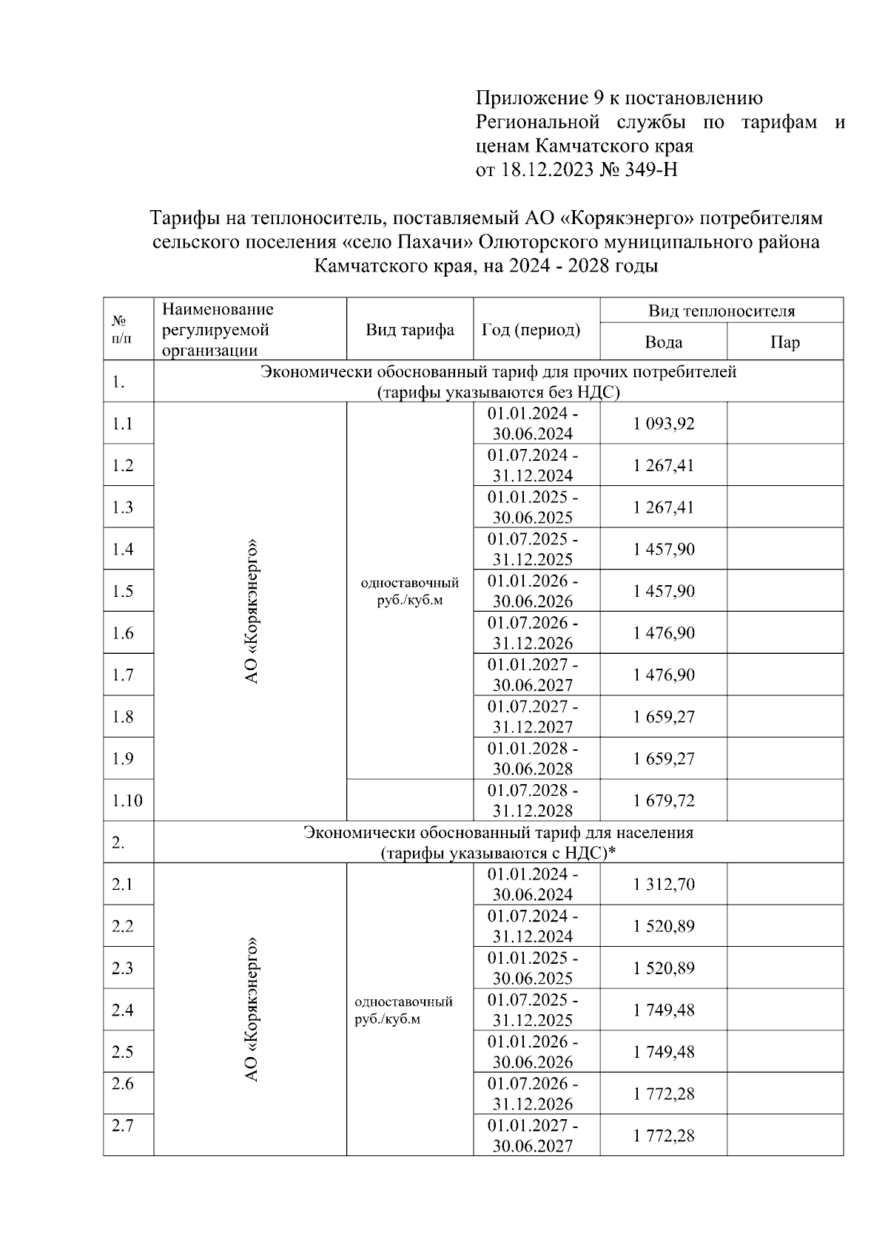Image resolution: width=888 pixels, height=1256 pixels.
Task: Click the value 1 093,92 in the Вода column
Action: point(664,424)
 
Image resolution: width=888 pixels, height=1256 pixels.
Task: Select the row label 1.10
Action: point(127,800)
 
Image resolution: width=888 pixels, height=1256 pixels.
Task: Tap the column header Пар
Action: point(784,342)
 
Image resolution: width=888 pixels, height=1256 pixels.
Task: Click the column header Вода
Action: point(663,342)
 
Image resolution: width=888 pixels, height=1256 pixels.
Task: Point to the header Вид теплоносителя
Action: point(721,311)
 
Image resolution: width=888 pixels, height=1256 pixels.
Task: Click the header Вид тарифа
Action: point(409,330)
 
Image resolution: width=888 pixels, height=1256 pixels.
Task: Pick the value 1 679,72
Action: point(664,800)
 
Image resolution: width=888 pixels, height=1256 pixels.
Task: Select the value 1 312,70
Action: point(664,884)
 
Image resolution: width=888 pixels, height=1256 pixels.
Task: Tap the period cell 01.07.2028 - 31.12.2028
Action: point(533,800)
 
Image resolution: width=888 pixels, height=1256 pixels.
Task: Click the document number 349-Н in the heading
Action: point(652,170)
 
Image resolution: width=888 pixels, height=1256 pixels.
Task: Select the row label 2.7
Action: point(122,1126)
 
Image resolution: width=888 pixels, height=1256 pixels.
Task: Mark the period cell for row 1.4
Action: point(533,549)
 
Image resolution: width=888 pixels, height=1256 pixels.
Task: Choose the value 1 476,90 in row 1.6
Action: point(664,633)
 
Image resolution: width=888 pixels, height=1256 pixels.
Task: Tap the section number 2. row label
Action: point(118,843)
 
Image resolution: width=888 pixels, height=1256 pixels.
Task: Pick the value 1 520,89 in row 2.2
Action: point(664,926)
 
